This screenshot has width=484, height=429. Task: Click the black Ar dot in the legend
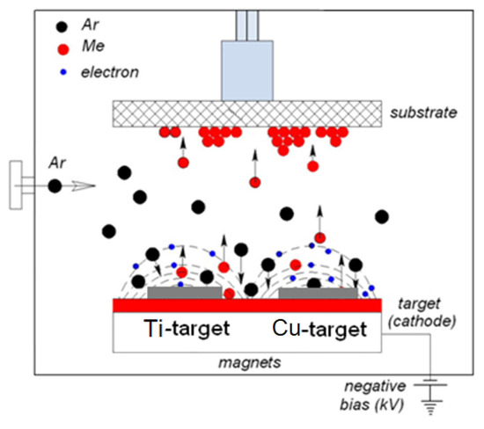click(33, 25)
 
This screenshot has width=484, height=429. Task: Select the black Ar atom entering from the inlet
click(55, 185)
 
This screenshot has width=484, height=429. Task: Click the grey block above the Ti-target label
click(184, 292)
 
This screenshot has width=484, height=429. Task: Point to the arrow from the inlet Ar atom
click(82, 185)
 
